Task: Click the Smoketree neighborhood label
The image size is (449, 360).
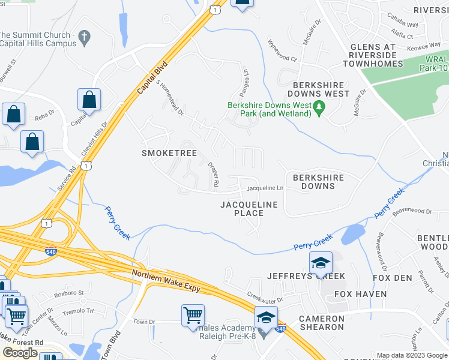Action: [x=169, y=153]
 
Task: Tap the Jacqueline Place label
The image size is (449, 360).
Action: [x=249, y=209]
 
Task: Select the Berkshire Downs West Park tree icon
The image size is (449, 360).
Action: [x=319, y=108]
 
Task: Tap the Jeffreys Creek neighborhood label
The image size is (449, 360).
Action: [x=306, y=276]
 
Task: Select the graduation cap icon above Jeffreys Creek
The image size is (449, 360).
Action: [x=321, y=263]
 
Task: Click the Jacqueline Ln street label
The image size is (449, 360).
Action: [x=264, y=188]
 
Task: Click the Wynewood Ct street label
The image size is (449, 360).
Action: [x=282, y=51]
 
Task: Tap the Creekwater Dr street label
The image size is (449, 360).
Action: [x=265, y=296]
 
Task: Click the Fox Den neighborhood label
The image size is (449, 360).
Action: [x=393, y=278]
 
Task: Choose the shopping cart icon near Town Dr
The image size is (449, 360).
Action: [x=193, y=314]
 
